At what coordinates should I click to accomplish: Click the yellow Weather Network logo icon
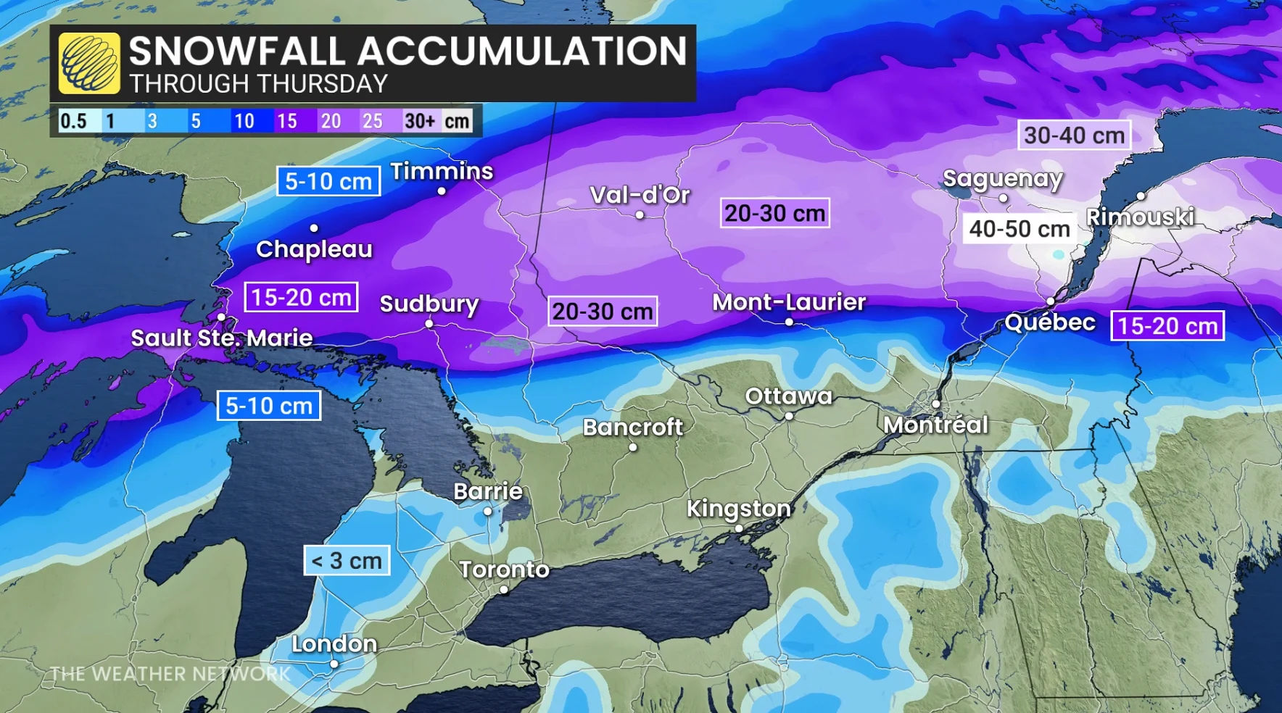coord(89,63)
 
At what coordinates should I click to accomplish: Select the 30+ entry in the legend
coord(420,121)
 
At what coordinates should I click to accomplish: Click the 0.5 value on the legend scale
coord(73,121)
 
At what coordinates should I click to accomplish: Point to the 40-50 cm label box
coord(1019,229)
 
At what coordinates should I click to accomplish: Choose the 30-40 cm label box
coord(1074,135)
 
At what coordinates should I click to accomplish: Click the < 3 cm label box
coord(347,560)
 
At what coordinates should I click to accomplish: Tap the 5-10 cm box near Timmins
coord(328,181)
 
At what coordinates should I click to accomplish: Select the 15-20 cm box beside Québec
coord(1167,326)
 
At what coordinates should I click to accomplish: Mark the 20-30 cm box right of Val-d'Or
coord(774,213)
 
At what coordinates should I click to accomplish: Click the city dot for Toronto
coord(504,590)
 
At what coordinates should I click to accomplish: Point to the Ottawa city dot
coord(789,416)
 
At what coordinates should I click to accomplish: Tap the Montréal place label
coord(935,425)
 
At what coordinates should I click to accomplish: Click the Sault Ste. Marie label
coord(221,338)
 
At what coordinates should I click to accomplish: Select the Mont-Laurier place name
coord(789,301)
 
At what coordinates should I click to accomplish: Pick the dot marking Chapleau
coord(314,228)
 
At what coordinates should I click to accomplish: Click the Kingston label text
coord(738,509)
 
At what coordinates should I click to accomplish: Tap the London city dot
coord(334,664)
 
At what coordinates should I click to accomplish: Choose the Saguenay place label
coord(1002,178)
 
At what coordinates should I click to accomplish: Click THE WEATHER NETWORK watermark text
coord(170,674)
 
